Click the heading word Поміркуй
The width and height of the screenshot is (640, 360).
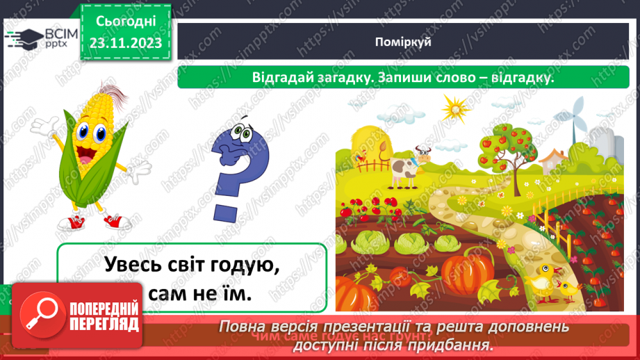[408, 42]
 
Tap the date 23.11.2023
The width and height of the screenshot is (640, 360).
[125, 42]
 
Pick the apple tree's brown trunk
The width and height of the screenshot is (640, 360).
[518, 167]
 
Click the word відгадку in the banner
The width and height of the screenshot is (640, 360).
[516, 79]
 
